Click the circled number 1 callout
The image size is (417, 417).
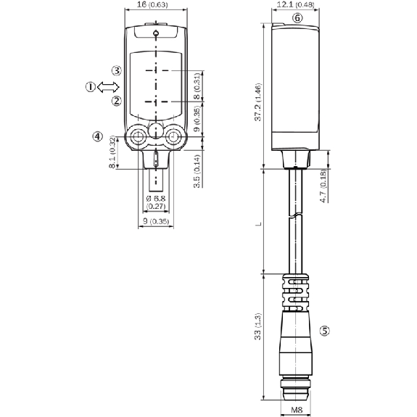[x=91, y=87]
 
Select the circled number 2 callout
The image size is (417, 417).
[x=117, y=101]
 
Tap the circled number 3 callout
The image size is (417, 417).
[x=117, y=71]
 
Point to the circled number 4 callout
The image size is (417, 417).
[x=98, y=136]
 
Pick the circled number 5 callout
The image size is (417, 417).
[x=324, y=331]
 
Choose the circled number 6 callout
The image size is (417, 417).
[x=297, y=18]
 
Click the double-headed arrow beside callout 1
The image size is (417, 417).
[x=108, y=87]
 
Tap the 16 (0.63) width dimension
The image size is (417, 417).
[x=152, y=4]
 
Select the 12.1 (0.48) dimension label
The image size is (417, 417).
[x=295, y=4]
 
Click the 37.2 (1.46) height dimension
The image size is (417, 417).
[x=258, y=102]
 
